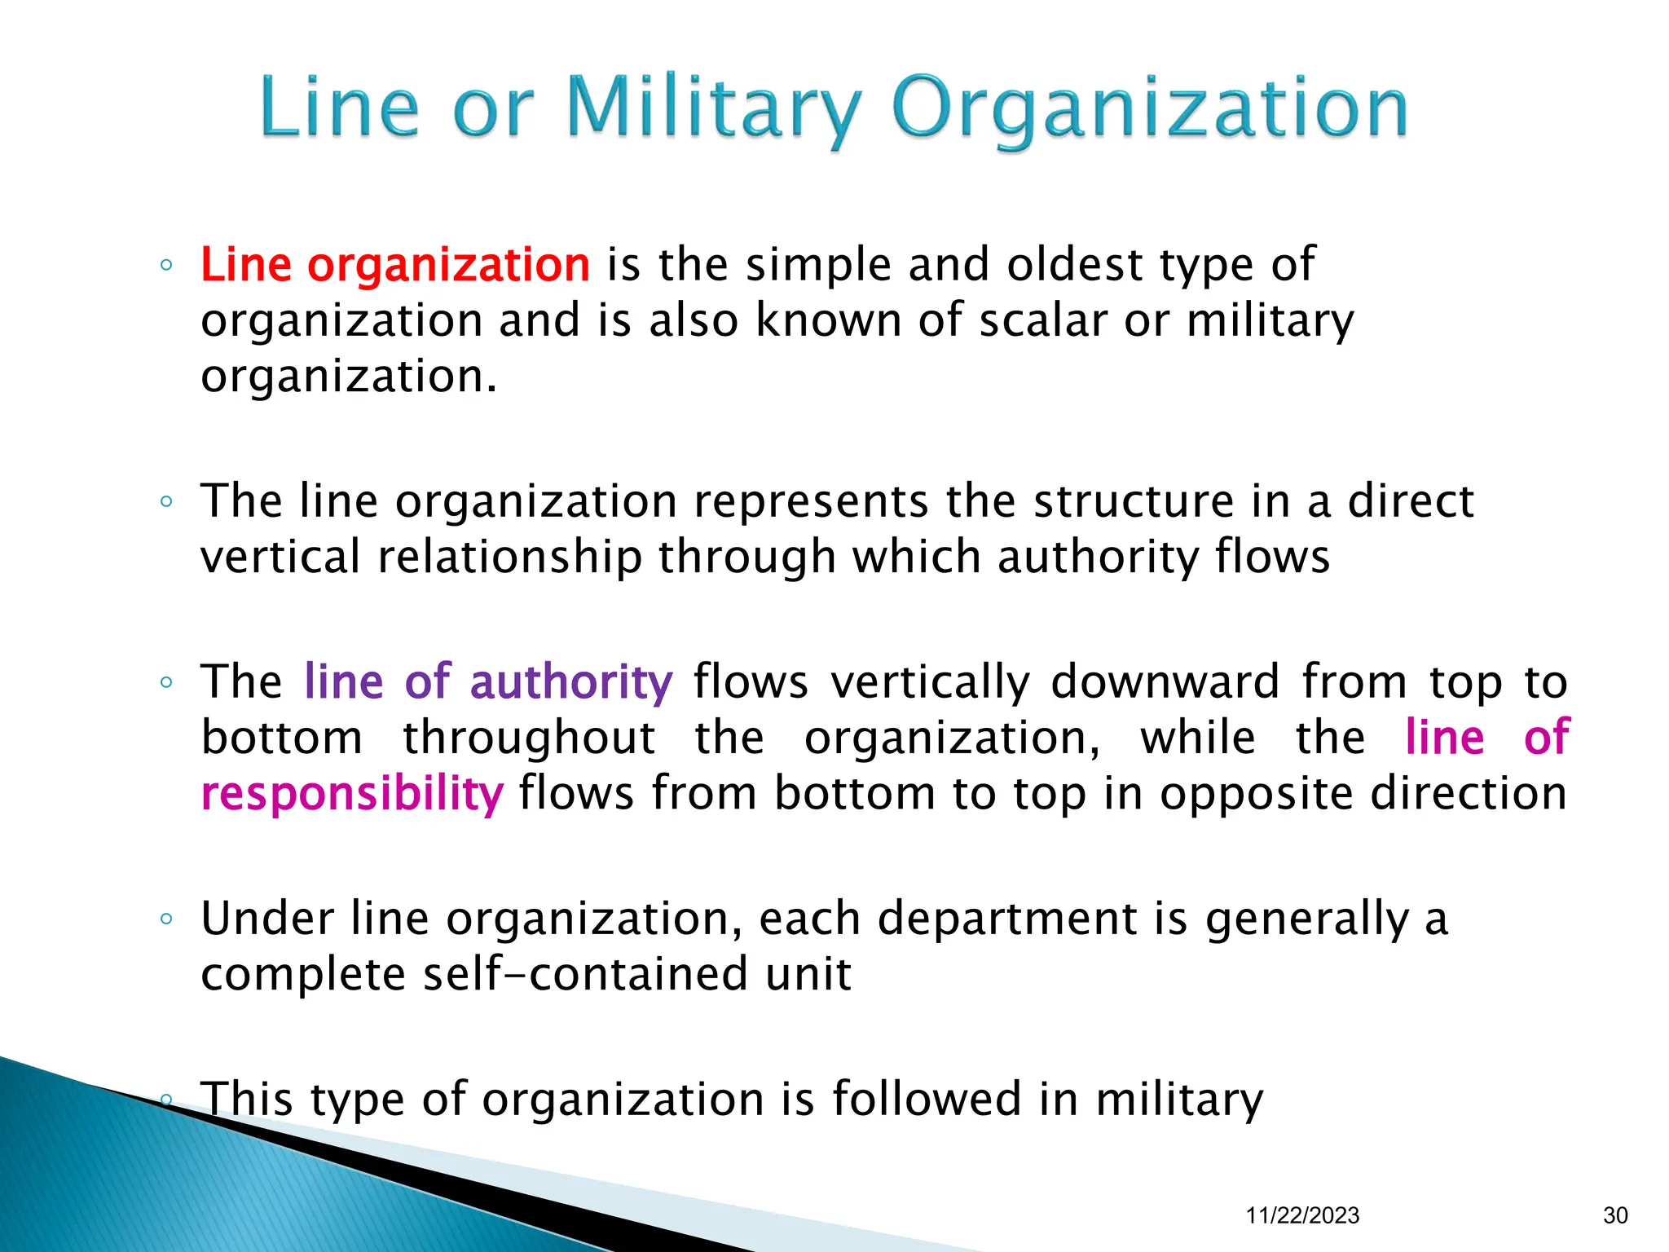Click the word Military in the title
(713, 109)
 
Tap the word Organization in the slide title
(1150, 109)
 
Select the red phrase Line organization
(395, 265)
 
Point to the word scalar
(1043, 320)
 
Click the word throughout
(529, 738)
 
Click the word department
(1007, 919)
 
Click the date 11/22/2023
(1302, 1215)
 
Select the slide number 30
(1615, 1215)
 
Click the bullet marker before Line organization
(166, 265)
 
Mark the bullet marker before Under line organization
(166, 919)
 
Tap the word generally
(1307, 919)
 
